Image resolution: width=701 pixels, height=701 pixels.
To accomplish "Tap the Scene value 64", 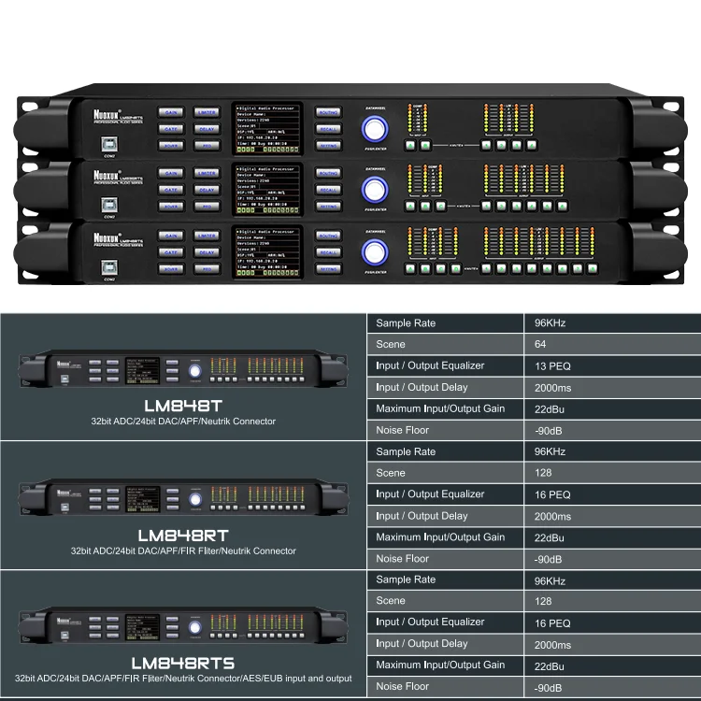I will pos(541,345).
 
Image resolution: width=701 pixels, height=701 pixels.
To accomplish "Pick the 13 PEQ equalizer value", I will pos(552,366).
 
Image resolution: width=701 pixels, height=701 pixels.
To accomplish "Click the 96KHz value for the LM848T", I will pos(551,323).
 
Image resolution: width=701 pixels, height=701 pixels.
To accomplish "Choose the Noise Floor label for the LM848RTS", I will pos(403,686).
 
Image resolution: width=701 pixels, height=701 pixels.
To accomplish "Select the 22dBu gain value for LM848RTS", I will pos(550,665).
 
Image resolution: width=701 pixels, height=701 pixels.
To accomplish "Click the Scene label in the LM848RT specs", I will pos(391,473).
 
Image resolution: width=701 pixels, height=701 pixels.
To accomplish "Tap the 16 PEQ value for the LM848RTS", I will pos(552,622).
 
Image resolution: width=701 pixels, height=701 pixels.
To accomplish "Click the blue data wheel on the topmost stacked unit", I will pos(376,129).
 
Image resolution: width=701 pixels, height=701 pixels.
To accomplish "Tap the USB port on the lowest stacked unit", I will pos(108,267).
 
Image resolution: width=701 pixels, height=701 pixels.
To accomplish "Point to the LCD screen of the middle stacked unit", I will pos(267,189).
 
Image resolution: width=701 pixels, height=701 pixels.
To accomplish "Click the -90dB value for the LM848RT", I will pos(549,559).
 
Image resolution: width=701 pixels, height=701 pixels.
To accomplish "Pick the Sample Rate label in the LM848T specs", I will pos(406,323).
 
